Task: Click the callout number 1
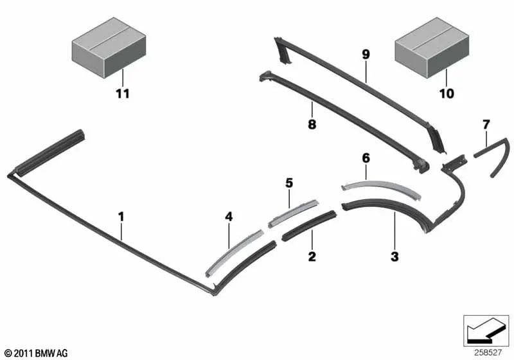(121, 217)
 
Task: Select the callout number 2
(312, 256)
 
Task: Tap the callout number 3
(394, 256)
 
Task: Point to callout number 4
(229, 217)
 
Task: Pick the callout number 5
(289, 183)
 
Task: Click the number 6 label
(366, 158)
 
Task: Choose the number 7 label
(486, 125)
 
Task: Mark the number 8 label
(312, 124)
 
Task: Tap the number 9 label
(366, 55)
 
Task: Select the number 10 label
(447, 94)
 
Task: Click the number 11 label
(123, 94)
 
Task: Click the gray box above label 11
(109, 48)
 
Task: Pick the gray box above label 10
(432, 48)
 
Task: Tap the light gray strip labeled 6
(380, 188)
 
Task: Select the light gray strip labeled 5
(293, 213)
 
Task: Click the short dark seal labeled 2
(309, 226)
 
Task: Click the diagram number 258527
(488, 352)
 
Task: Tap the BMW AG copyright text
(37, 353)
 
